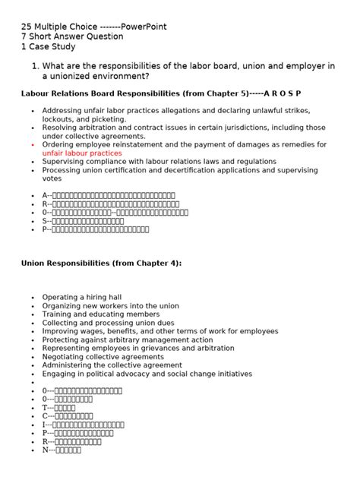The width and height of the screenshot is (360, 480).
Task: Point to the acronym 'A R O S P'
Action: coord(282,93)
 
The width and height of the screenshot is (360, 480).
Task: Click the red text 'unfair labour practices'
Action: coord(82,153)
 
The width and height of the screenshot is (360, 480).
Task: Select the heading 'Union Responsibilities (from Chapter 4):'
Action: coord(101,263)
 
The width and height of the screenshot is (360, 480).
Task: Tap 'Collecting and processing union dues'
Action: coord(108,323)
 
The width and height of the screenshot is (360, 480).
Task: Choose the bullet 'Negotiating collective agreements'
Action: coord(103,357)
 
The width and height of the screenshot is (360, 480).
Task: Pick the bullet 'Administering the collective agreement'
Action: coord(112,365)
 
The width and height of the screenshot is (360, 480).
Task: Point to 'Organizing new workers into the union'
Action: coord(111,306)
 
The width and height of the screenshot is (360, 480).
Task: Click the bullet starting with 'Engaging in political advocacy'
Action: coord(147,374)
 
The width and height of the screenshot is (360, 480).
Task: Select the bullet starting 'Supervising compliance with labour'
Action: coord(159,161)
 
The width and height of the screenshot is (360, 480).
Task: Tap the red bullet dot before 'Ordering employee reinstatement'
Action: coord(33,144)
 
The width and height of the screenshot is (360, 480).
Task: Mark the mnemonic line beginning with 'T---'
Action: coord(58,408)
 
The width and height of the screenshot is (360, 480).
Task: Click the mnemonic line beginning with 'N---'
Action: coord(62,450)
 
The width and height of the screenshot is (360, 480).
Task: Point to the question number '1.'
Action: coord(35,66)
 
